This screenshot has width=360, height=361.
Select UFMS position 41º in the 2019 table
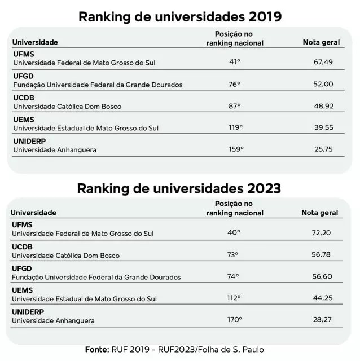tap(235, 61)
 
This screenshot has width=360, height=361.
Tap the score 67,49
tap(323, 62)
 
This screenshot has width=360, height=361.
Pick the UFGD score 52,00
tap(323, 84)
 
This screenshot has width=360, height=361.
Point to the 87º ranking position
tap(235, 106)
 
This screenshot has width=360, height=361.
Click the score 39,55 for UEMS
tap(324, 127)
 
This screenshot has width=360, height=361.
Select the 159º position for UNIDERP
tap(236, 149)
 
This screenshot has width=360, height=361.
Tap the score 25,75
tap(324, 149)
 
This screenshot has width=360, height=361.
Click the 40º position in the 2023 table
tap(234, 232)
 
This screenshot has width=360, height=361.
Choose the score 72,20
tap(321, 232)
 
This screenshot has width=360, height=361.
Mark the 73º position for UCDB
tap(232, 254)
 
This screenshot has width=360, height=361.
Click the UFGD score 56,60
tap(322, 276)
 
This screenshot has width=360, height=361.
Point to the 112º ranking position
tap(234, 298)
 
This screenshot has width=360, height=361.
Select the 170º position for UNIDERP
tap(235, 319)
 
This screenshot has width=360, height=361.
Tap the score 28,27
tap(322, 319)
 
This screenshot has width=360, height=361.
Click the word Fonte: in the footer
tap(97, 350)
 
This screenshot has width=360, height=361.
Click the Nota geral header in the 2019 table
tap(321, 42)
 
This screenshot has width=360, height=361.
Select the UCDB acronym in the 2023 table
tap(22, 247)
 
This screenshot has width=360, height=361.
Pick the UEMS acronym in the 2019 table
tap(24, 120)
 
